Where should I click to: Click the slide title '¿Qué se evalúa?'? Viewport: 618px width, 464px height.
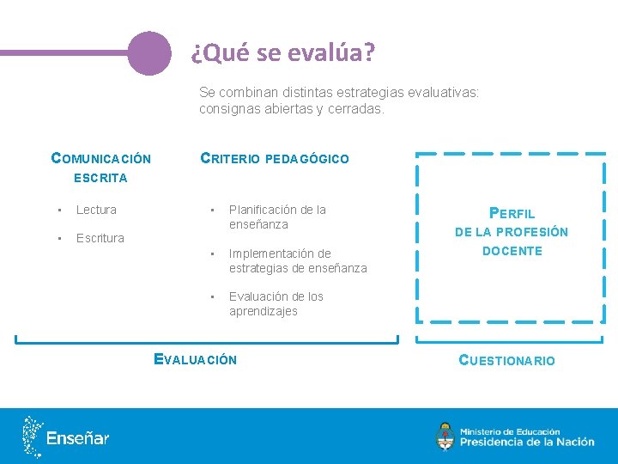282,53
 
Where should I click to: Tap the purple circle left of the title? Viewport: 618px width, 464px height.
149,53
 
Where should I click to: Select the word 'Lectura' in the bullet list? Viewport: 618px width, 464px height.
96,210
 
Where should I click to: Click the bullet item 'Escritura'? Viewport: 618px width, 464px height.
100,238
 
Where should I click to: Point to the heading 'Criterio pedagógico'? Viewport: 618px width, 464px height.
274,158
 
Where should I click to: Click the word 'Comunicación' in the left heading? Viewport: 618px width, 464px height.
101,158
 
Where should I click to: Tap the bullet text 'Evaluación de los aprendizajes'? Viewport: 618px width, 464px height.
276,303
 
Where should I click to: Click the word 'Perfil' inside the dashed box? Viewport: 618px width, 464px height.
512,213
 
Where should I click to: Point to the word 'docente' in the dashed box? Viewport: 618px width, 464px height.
512,251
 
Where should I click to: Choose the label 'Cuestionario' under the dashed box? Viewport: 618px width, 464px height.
506,361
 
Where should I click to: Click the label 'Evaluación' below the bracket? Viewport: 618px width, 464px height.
195,360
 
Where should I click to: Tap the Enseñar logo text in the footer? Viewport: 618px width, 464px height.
78,438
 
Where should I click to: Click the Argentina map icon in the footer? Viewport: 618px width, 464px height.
33,437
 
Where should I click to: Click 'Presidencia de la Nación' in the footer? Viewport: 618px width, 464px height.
527,443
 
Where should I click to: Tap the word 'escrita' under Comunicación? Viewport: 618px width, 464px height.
100,178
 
